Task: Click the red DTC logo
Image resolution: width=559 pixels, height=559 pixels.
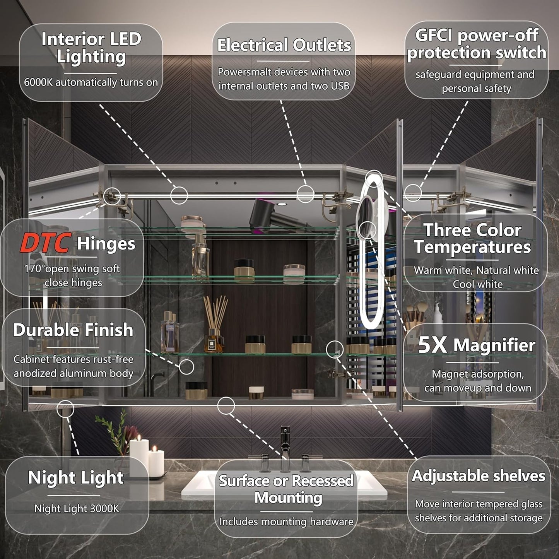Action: click(x=46, y=243)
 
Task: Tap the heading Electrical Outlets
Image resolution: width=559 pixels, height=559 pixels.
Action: click(x=284, y=45)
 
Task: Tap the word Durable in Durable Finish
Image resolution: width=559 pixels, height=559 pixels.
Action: click(x=46, y=330)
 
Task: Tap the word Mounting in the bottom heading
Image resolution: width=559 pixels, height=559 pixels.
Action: click(x=288, y=498)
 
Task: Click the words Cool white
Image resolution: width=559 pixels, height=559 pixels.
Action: click(x=477, y=284)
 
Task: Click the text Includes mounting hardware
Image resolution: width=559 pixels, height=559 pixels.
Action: click(x=286, y=521)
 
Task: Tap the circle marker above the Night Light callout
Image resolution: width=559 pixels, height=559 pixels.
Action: click(x=65, y=409)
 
